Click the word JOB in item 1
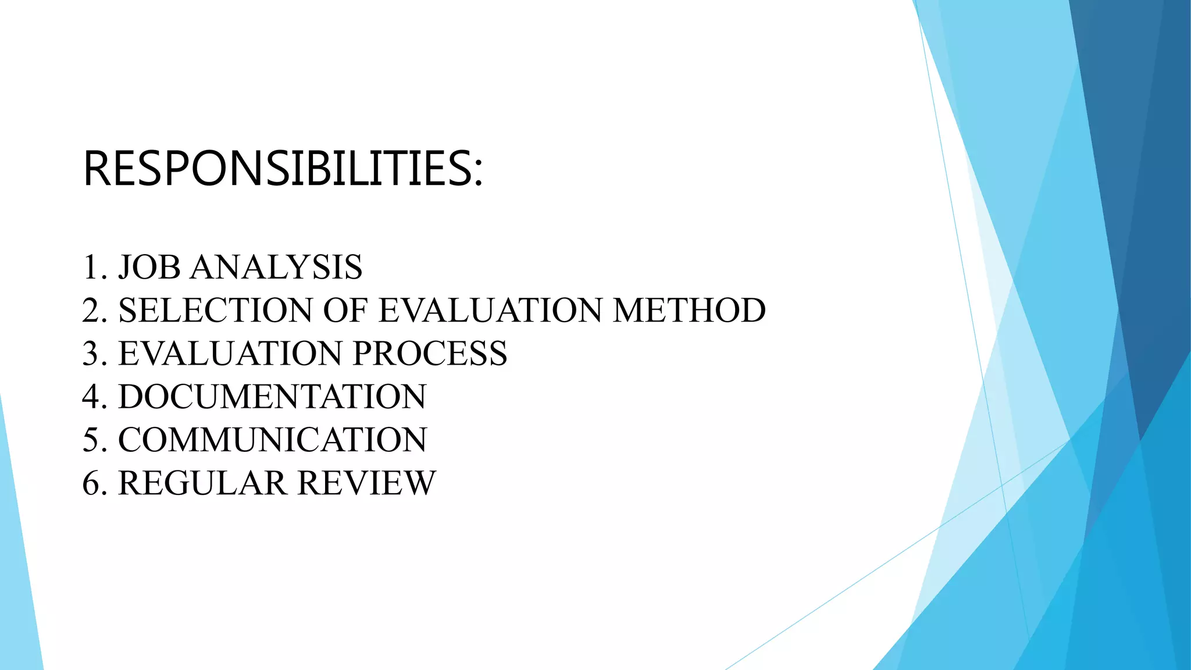(149, 268)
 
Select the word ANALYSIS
(276, 268)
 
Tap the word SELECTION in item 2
(215, 310)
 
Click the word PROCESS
(430, 353)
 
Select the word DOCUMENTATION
(272, 397)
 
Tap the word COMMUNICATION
(272, 440)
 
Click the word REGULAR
(202, 483)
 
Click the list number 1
(91, 268)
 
